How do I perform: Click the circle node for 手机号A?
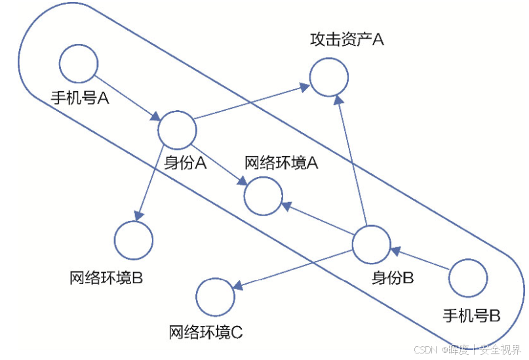tap(79, 64)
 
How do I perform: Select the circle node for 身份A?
tap(177, 130)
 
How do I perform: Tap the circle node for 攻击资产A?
tap(328, 76)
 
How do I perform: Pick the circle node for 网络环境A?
tap(264, 195)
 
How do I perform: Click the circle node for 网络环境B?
tap(134, 240)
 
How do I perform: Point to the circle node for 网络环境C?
tap(216, 297)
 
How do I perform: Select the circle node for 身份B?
tap(371, 245)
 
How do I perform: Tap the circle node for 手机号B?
tap(468, 278)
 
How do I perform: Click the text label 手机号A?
tap(79, 99)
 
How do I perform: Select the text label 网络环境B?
tap(106, 277)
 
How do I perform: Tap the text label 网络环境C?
tap(206, 332)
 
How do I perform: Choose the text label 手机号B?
tap(471, 315)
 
